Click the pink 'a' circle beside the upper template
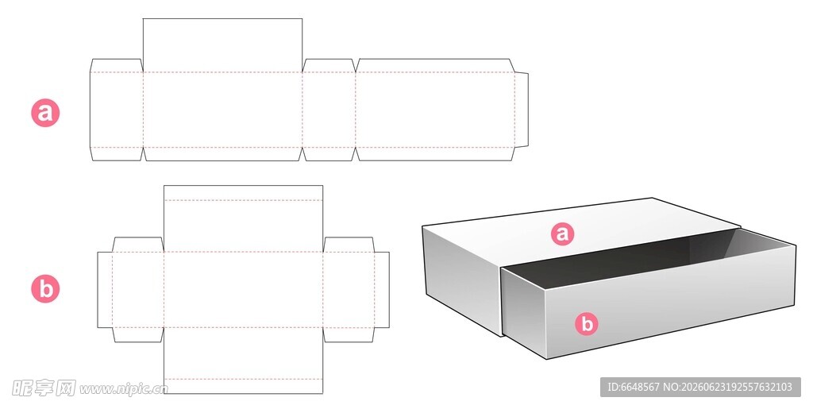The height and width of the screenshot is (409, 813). pyautogui.click(x=45, y=113)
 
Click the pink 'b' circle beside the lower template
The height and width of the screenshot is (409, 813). pyautogui.click(x=45, y=289)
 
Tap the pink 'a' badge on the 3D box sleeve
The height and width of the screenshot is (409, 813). pyautogui.click(x=563, y=233)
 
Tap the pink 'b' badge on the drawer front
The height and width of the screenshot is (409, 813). pyautogui.click(x=587, y=323)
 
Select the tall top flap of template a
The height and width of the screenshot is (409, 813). pyautogui.click(x=222, y=45)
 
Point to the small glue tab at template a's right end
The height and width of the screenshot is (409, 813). pyautogui.click(x=521, y=110)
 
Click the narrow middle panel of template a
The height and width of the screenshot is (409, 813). pyautogui.click(x=329, y=110)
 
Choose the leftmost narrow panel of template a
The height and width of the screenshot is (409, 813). pyautogui.click(x=117, y=110)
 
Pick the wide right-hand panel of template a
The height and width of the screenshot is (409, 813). pyautogui.click(x=435, y=110)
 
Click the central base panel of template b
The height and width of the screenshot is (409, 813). pyautogui.click(x=243, y=290)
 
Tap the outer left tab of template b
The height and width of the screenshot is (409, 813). pyautogui.click(x=105, y=290)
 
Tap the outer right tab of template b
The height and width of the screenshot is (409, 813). pyautogui.click(x=382, y=290)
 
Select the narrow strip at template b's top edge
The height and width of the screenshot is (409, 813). pyautogui.click(x=243, y=193)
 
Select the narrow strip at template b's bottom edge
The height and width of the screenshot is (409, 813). pyautogui.click(x=243, y=386)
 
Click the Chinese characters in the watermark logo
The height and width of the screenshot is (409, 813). pyautogui.click(x=44, y=388)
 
